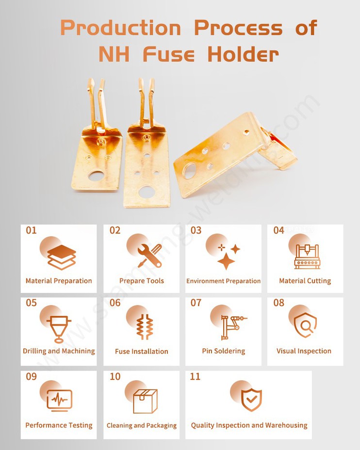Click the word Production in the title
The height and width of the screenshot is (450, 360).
(x=120, y=28)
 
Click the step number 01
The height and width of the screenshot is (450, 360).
(x=31, y=230)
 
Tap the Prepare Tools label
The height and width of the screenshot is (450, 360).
(x=142, y=281)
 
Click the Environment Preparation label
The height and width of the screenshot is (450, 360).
(x=223, y=281)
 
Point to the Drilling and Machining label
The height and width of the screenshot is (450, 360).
(x=59, y=351)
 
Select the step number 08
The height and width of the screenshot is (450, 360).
(x=278, y=303)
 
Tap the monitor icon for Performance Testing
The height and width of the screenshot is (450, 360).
(x=60, y=400)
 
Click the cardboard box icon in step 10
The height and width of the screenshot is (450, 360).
(x=145, y=401)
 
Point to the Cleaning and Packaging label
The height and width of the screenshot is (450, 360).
(x=142, y=425)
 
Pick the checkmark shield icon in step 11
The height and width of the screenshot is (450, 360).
(x=251, y=400)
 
